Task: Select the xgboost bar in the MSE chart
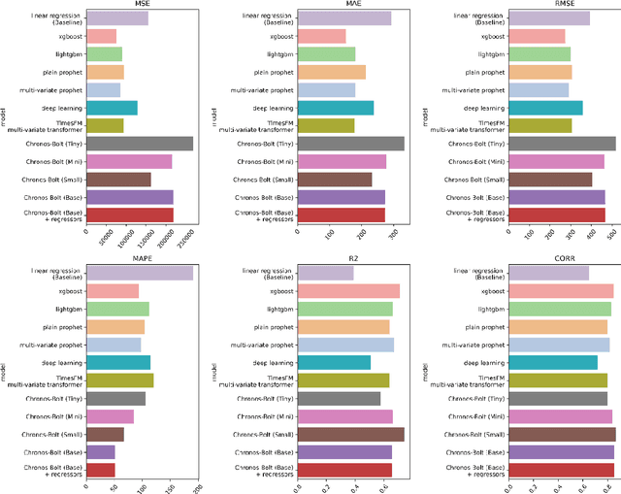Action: click(101, 36)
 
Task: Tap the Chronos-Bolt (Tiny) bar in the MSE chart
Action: click(139, 144)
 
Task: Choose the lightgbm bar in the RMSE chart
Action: click(539, 54)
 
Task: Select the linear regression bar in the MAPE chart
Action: click(139, 273)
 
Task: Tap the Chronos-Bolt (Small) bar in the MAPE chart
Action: click(105, 434)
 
